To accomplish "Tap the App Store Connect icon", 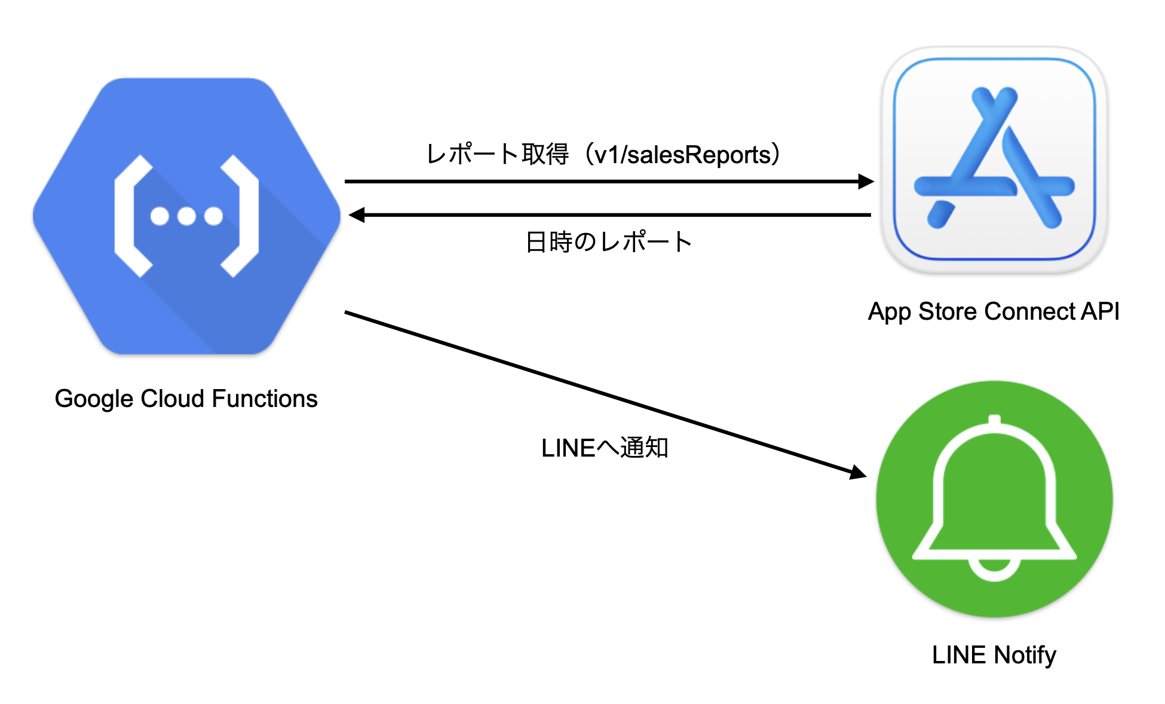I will (994, 160).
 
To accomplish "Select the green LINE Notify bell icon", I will (994, 498).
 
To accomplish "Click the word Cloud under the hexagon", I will (172, 399).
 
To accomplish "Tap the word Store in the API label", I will (948, 312).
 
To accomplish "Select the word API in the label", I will (1100, 312).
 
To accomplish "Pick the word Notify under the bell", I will (1025, 655).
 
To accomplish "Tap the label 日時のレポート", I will (608, 242).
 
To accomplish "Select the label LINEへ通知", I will (605, 448).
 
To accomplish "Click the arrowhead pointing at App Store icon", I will (866, 181).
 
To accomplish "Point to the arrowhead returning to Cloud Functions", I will (357, 215).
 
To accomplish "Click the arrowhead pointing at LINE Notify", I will (859, 473).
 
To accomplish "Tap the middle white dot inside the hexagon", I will (186, 216).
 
